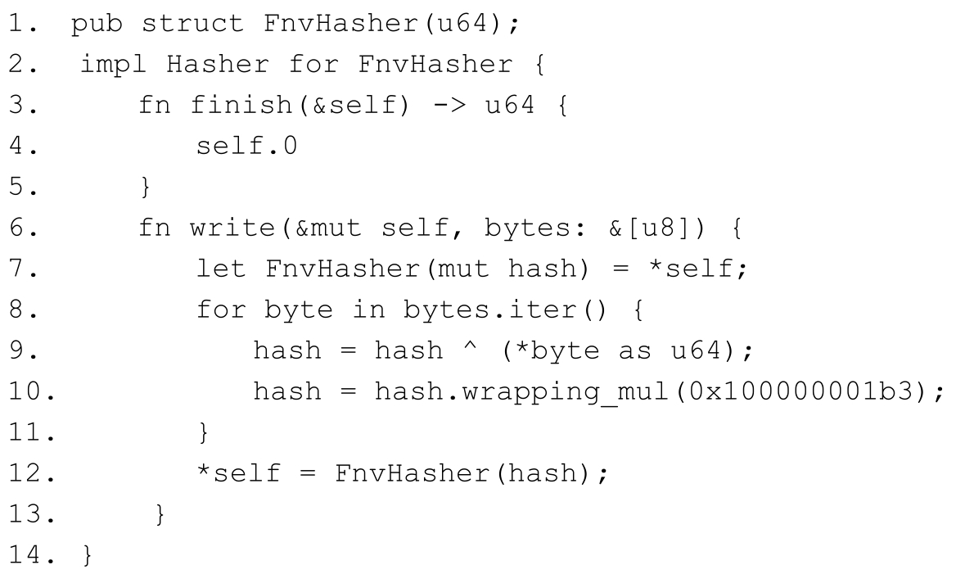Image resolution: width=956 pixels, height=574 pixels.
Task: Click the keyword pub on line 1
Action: tap(99, 24)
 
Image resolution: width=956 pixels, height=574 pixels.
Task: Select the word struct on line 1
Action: tap(193, 24)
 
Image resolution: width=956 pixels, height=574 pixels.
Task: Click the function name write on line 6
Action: tap(233, 228)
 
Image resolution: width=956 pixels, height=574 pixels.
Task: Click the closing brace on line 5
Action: tap(146, 188)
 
